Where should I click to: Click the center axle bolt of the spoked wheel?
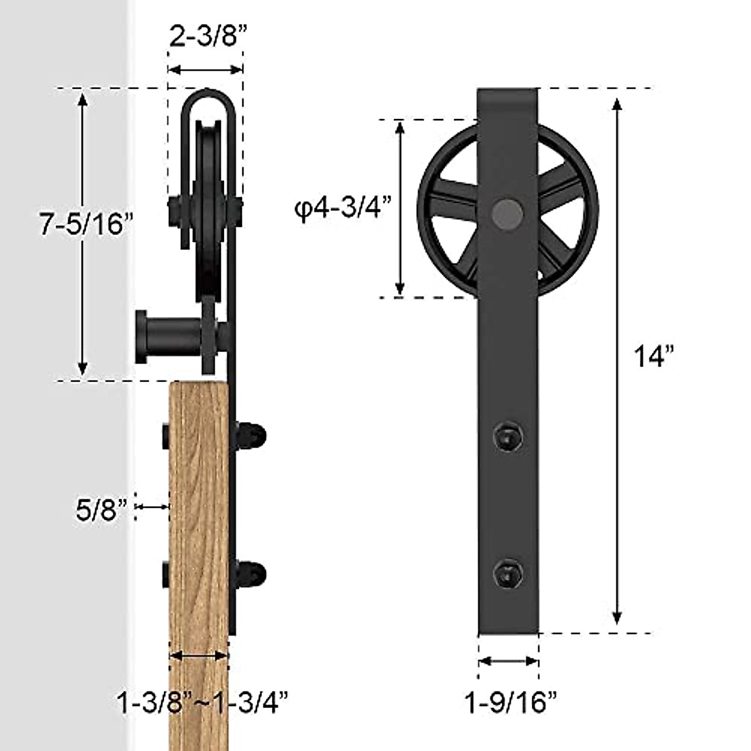point(507,212)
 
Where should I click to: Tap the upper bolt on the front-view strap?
point(507,435)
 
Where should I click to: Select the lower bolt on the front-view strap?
point(507,573)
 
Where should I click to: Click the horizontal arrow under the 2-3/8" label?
point(205,69)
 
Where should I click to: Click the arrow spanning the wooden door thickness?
point(199,656)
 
